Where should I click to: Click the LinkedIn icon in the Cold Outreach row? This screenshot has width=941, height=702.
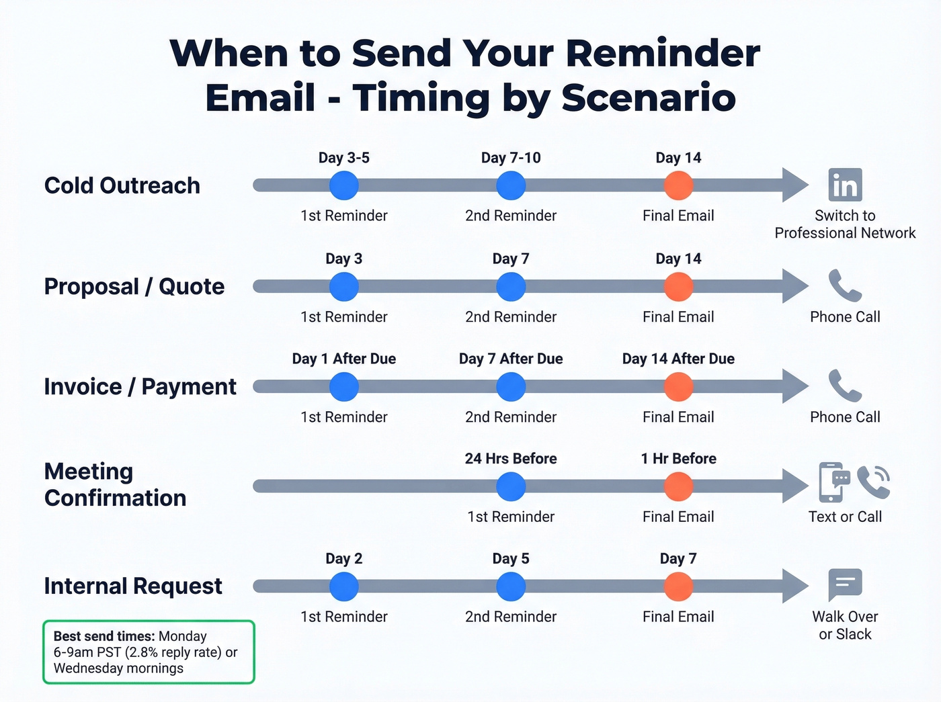click(x=845, y=185)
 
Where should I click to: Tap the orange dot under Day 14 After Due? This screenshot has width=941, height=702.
click(x=678, y=387)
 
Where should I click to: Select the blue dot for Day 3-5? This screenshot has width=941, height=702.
click(x=344, y=185)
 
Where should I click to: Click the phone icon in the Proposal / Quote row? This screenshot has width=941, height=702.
click(x=845, y=286)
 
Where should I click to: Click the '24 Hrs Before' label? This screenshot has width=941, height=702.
click(x=511, y=459)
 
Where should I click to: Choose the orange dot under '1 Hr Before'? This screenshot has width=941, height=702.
click(x=678, y=486)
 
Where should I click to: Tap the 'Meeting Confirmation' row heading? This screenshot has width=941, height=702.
click(x=115, y=484)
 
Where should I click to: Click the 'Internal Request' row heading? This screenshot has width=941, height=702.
click(x=132, y=586)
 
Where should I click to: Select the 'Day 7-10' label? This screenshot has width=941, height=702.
click(x=511, y=158)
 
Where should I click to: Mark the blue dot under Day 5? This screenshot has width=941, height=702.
click(x=511, y=586)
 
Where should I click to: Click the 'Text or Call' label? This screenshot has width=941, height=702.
click(x=845, y=517)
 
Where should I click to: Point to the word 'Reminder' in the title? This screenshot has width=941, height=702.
click(x=663, y=54)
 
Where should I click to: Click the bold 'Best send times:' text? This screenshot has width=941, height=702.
click(x=104, y=636)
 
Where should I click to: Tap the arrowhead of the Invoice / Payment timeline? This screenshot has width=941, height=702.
click(x=794, y=387)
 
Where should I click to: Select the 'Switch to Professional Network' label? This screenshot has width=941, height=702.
click(x=845, y=224)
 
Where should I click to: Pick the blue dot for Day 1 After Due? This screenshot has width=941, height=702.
click(x=344, y=387)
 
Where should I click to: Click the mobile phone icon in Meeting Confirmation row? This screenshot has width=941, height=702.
click(x=832, y=482)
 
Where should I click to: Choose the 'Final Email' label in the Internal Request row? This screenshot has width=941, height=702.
click(x=678, y=617)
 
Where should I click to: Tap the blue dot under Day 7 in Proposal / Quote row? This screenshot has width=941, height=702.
click(x=511, y=287)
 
